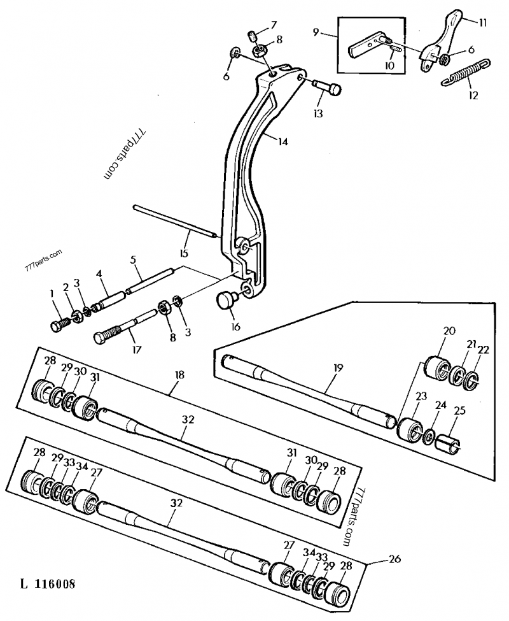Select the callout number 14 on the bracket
(282, 141)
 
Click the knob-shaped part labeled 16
(227, 299)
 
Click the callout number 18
(179, 376)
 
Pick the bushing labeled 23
(410, 430)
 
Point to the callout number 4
(99, 274)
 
